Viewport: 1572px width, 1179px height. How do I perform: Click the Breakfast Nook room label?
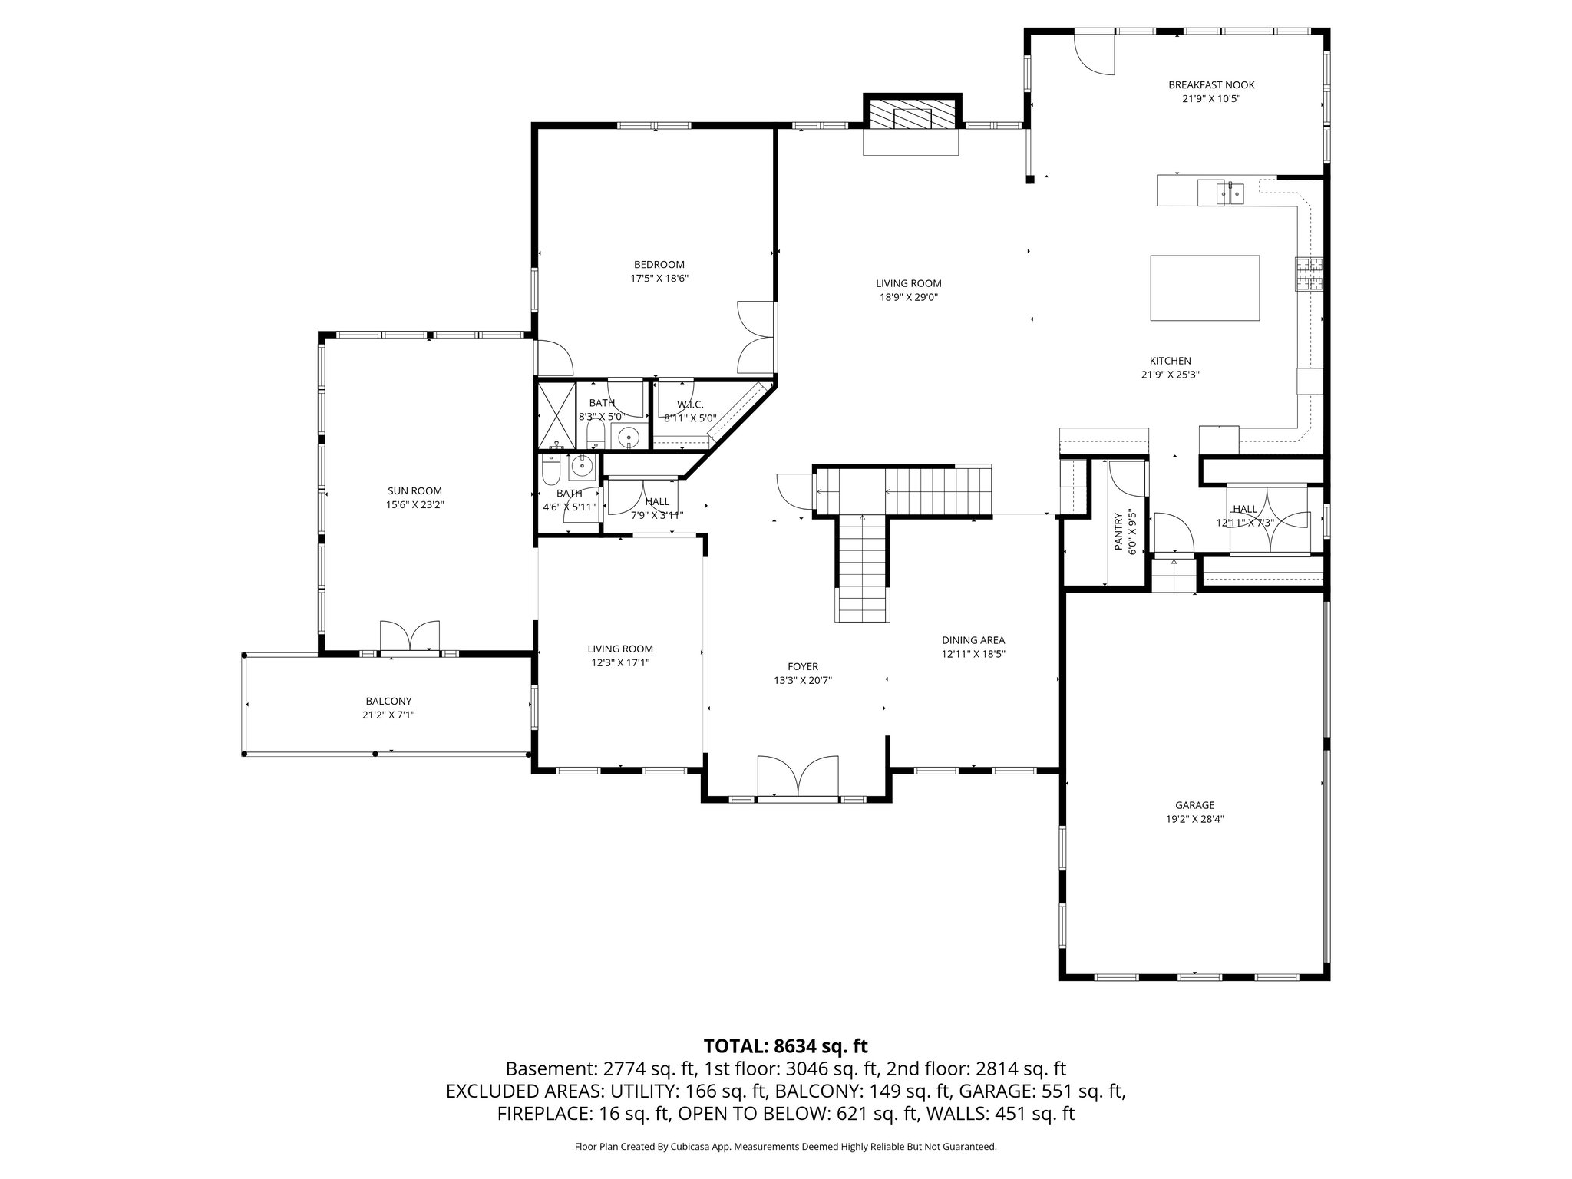pos(1211,85)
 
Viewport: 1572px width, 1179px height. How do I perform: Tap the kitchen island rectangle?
pos(1205,287)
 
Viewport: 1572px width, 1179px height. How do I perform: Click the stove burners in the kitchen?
pos(1309,275)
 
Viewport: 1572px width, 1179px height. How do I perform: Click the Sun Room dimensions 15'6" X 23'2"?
pos(414,505)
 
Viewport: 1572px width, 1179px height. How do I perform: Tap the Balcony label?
pos(388,701)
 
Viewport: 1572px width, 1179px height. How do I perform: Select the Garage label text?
pos(1194,805)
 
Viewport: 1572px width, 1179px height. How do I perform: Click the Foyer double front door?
pos(798,778)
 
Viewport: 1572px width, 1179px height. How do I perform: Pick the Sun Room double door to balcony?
pos(411,637)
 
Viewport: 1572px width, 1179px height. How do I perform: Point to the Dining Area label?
pos(973,640)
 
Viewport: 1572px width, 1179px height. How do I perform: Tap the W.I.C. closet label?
pos(690,405)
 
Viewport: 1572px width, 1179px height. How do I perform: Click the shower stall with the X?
pos(556,414)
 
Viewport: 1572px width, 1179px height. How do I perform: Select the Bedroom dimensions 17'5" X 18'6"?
pos(659,279)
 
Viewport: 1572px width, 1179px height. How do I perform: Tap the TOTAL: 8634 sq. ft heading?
pos(785,1045)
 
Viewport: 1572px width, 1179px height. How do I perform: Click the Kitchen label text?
pos(1170,361)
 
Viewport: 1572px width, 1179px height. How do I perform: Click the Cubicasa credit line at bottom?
pos(785,1147)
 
